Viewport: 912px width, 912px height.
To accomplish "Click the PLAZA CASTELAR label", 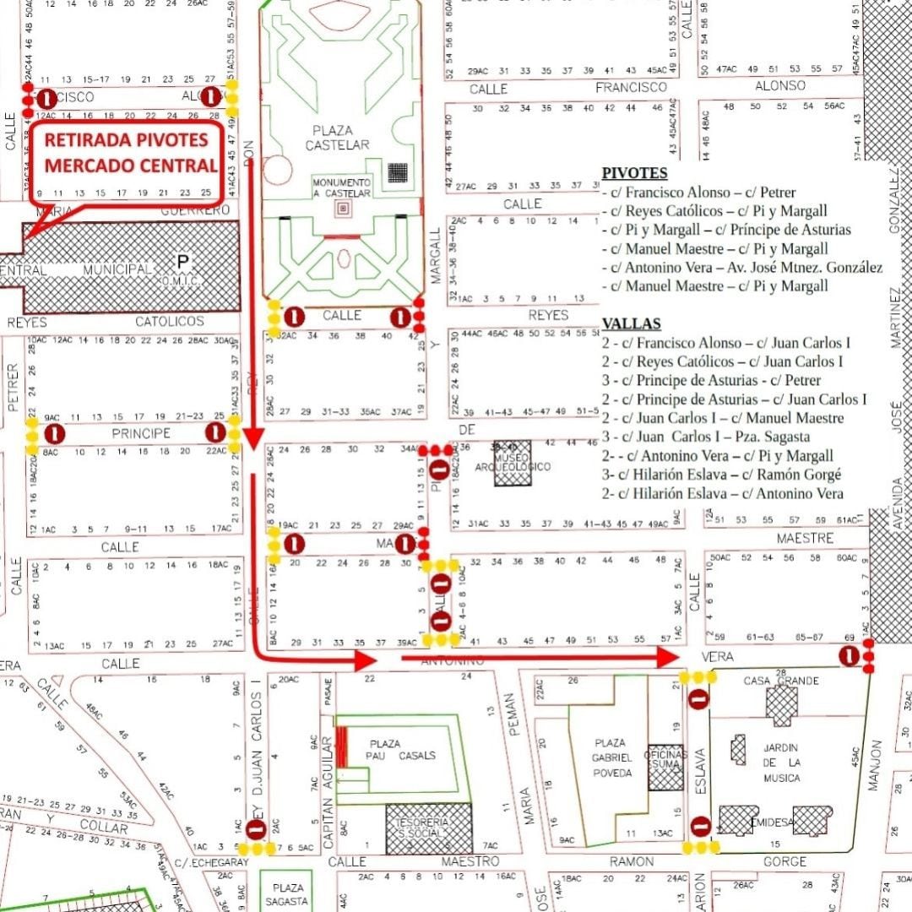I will tap(341, 138).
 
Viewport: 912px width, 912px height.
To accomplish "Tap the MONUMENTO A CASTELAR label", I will tap(341, 187).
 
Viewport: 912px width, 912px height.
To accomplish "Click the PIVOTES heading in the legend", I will tap(634, 173).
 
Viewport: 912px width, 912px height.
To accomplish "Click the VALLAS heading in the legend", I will tap(631, 323).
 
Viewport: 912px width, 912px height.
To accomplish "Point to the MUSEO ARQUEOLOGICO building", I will tap(513, 463).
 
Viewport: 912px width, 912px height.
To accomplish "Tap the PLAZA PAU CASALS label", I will tap(401, 749).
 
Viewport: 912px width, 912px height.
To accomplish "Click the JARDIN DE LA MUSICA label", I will tap(781, 763).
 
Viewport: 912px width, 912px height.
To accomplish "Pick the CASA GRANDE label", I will tap(780, 681).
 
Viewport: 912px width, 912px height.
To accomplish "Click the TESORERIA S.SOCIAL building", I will tap(429, 828).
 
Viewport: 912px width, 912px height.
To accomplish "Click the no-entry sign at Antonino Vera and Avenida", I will tap(849, 656).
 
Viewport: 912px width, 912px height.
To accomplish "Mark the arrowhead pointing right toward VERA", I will tap(668, 657).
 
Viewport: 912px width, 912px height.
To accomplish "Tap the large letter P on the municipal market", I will tap(182, 262).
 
